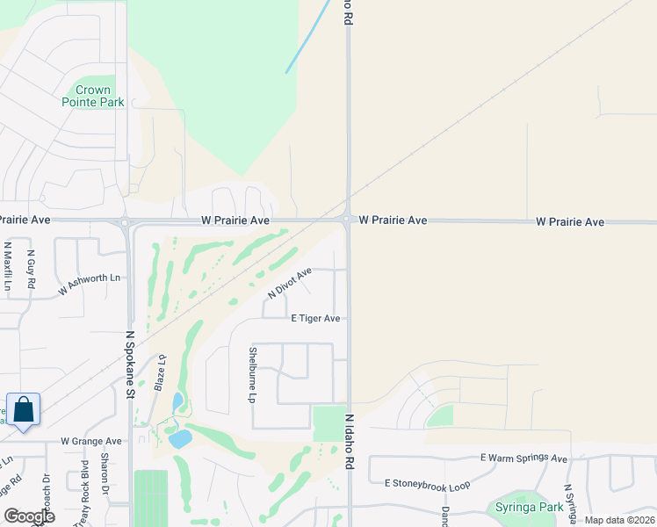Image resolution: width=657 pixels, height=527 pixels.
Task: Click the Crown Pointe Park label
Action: click(x=92, y=96)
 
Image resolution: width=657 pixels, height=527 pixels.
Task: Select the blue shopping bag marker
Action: click(x=23, y=410)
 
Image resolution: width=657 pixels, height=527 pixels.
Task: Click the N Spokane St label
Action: click(x=129, y=365)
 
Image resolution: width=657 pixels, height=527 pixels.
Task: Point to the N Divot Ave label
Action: click(x=290, y=284)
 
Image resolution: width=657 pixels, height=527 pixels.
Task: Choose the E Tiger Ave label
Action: click(x=315, y=319)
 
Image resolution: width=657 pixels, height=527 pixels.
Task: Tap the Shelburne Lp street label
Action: click(x=252, y=374)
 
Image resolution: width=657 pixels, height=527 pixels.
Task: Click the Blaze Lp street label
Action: click(x=161, y=372)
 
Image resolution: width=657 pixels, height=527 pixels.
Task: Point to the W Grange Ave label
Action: click(x=90, y=441)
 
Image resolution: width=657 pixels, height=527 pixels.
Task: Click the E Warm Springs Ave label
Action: click(x=523, y=458)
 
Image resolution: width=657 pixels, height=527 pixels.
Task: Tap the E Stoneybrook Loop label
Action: click(x=427, y=484)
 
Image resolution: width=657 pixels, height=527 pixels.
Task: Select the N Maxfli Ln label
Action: click(x=8, y=267)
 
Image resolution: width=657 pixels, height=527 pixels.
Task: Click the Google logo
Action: click(x=29, y=516)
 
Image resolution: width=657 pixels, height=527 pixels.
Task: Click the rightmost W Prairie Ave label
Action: click(x=570, y=222)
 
